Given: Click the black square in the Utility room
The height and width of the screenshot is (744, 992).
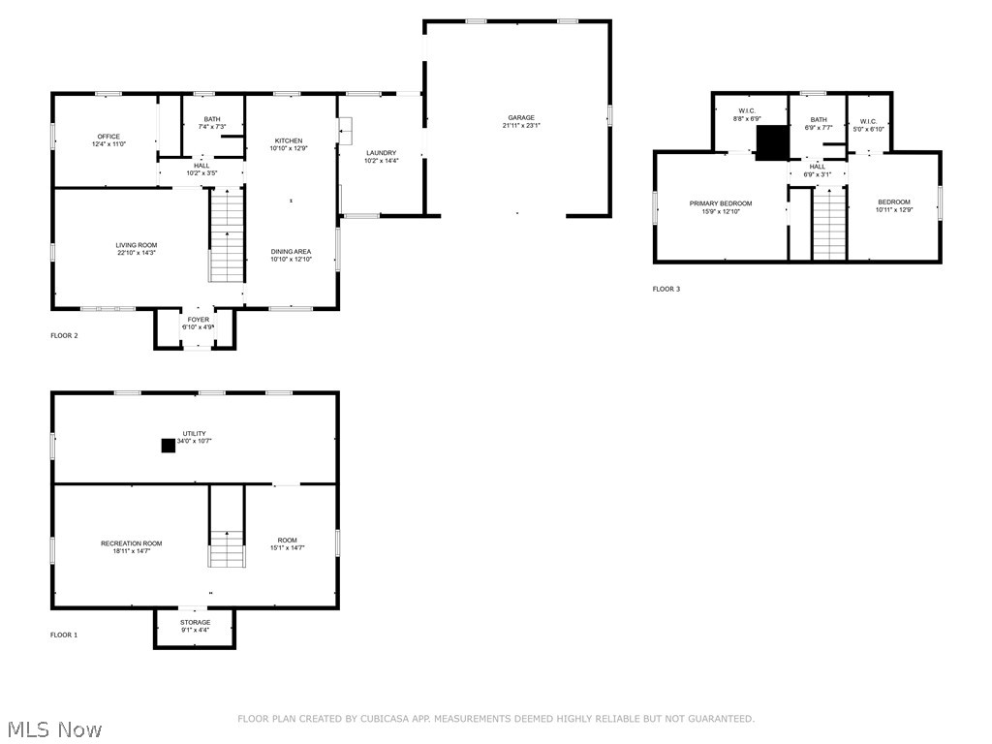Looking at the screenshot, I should click(x=168, y=446).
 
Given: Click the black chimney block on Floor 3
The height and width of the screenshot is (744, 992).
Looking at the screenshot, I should click(x=772, y=142).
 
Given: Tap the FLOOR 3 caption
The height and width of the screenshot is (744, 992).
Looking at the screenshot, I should click(x=666, y=289).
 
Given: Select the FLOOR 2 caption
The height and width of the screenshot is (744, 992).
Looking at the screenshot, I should click(x=64, y=336).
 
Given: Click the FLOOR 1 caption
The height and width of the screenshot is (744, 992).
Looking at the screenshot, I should click(x=64, y=635).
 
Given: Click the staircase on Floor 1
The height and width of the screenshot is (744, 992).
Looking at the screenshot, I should click(x=227, y=548).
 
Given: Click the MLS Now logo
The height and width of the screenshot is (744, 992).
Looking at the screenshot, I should click(x=52, y=728).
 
